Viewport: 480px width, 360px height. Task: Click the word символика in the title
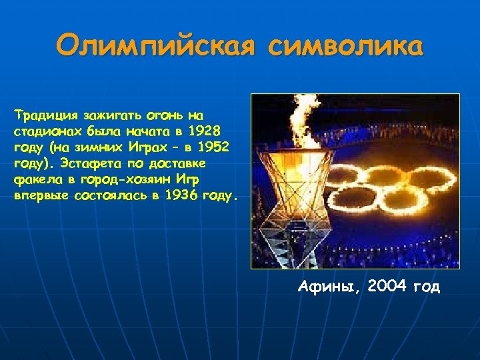346,47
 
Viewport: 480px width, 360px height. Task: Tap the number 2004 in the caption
386,287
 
